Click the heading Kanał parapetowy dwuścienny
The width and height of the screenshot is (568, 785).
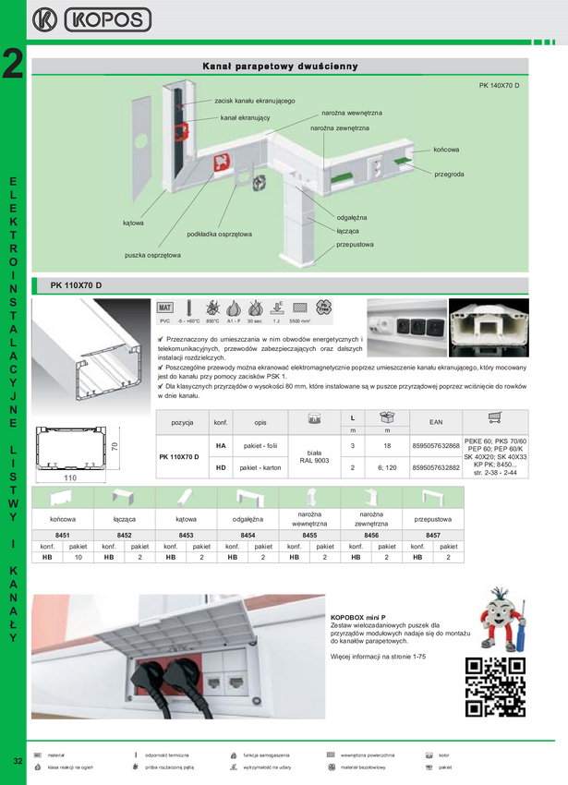pos(280,66)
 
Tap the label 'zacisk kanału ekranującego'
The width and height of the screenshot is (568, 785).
pos(254,100)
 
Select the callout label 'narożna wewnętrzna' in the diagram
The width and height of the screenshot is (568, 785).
pos(352,113)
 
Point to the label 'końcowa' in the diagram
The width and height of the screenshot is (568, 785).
pos(446,149)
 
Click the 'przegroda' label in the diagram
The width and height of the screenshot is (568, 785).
pos(448,174)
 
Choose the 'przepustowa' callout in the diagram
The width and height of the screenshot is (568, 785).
pos(355,245)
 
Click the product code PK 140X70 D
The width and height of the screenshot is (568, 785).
pos(500,86)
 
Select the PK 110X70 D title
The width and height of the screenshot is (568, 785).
pos(76,284)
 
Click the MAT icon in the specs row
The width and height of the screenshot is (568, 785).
pos(165,308)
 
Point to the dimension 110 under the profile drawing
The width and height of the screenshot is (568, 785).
pos(70,478)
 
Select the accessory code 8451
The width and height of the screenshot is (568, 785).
pos(62,535)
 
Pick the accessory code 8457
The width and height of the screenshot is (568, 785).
pos(433,535)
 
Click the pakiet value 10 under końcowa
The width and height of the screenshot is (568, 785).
pos(79,558)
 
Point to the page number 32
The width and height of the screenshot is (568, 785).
pos(18,761)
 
